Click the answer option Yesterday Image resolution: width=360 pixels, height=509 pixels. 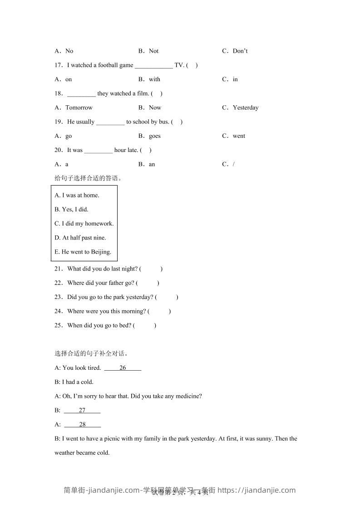pyautogui.click(x=245, y=108)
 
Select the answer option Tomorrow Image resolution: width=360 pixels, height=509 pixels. pyautogui.click(x=79, y=108)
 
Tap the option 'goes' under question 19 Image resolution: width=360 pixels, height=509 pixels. pyautogui.click(x=154, y=136)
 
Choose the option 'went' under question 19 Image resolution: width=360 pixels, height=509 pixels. pyautogui.click(x=239, y=136)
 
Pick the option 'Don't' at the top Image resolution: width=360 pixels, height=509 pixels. pyautogui.click(x=240, y=51)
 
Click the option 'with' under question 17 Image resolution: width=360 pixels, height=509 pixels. pyautogui.click(x=154, y=79)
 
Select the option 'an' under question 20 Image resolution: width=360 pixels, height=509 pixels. pyautogui.click(x=152, y=164)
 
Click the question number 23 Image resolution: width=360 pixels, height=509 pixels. pyautogui.click(x=59, y=297)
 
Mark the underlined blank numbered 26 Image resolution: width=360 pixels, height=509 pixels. pyautogui.click(x=123, y=368)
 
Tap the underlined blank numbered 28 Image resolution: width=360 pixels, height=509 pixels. pyautogui.click(x=82, y=424)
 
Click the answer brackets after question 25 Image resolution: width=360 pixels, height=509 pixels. pyautogui.click(x=145, y=325)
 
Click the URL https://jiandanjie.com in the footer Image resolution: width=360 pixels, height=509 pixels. pyautogui.click(x=256, y=490)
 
